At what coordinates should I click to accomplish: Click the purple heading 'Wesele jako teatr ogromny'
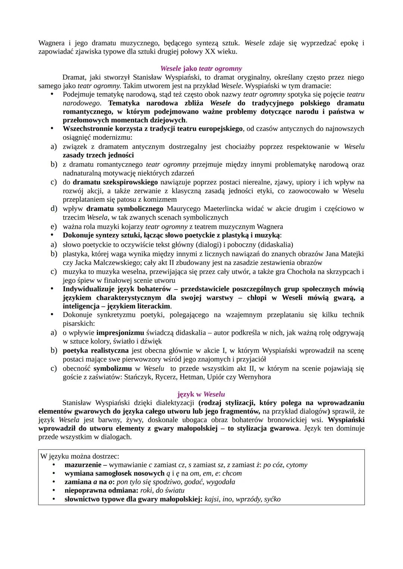(201, 69)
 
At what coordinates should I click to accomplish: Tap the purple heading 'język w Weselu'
(201, 394)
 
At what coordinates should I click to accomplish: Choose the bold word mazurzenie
(83, 465)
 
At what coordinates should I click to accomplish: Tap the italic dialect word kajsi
(212, 499)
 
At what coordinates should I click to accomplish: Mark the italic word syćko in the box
(272, 499)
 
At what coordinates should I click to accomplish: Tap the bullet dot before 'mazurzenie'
(54, 465)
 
